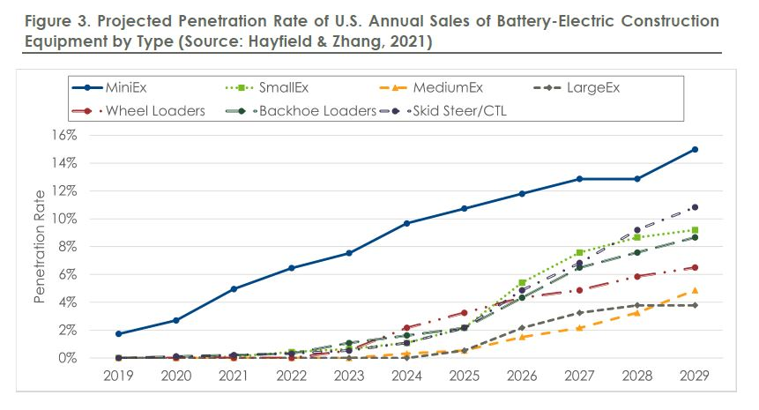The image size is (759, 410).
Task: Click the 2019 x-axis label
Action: pos(119,375)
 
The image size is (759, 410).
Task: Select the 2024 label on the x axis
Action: pos(406,375)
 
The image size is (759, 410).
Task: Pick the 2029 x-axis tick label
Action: pos(694,375)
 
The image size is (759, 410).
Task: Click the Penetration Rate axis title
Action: pos(41,246)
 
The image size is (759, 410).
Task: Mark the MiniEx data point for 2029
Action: pos(695,149)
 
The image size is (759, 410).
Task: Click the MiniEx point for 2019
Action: pos(119,334)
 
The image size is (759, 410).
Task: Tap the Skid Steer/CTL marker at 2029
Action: pos(695,207)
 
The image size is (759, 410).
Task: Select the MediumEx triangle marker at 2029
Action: pos(695,290)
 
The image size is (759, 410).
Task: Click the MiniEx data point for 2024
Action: pos(406,223)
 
